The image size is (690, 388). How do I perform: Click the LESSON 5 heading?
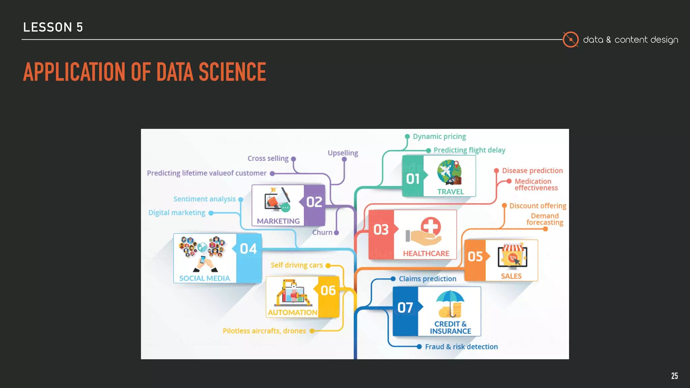pyautogui.click(x=53, y=27)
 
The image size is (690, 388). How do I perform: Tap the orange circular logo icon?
pyautogui.click(x=570, y=39)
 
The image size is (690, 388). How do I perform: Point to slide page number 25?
pyautogui.click(x=674, y=376)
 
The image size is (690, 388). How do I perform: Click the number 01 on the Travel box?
pyautogui.click(x=413, y=179)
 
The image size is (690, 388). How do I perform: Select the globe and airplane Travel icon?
pyautogui.click(x=449, y=172)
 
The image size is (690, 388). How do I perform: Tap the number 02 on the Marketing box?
pyautogui.click(x=314, y=202)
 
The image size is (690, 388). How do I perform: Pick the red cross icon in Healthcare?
pyautogui.click(x=431, y=226)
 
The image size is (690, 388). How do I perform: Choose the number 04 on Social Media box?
pyautogui.click(x=248, y=249)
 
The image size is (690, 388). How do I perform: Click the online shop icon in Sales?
pyautogui.click(x=512, y=257)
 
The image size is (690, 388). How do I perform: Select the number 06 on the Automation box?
pyautogui.click(x=328, y=290)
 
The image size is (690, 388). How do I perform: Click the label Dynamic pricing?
pyautogui.click(x=439, y=136)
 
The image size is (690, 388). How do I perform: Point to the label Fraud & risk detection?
pyautogui.click(x=461, y=347)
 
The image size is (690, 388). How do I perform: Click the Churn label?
pyautogui.click(x=322, y=232)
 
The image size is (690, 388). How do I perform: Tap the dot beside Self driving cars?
pyautogui.click(x=328, y=265)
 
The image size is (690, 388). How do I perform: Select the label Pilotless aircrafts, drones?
pyautogui.click(x=264, y=331)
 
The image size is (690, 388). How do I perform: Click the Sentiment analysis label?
pyautogui.click(x=205, y=199)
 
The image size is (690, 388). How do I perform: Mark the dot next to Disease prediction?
pyautogui.click(x=496, y=171)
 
